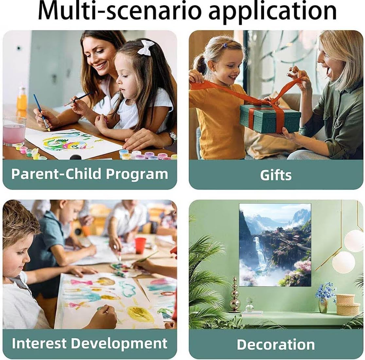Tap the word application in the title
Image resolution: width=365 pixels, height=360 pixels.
(272, 12)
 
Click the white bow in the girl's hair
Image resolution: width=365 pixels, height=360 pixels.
(146, 47)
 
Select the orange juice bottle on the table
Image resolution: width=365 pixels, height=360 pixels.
(22, 99)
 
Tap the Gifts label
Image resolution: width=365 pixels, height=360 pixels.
(276, 175)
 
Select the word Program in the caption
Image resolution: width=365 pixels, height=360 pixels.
(137, 174)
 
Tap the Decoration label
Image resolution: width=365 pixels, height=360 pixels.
(276, 344)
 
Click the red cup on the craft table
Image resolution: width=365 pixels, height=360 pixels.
(140, 245)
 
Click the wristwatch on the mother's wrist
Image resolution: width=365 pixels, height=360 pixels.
(173, 137)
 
